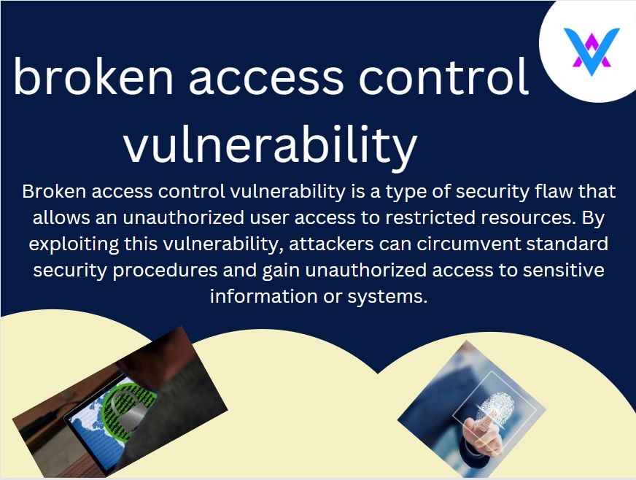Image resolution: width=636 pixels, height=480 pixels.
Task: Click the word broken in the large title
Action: [93, 76]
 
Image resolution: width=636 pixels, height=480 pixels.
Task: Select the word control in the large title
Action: [443, 76]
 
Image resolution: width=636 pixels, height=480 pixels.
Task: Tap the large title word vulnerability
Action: [271, 144]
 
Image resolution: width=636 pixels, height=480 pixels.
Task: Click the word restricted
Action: [430, 217]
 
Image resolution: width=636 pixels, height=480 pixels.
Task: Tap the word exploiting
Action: [74, 244]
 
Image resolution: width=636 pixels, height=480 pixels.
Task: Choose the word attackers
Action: [331, 244]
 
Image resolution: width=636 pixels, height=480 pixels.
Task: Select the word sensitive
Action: [563, 270]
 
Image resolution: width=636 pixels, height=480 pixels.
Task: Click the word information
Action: [263, 296]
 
